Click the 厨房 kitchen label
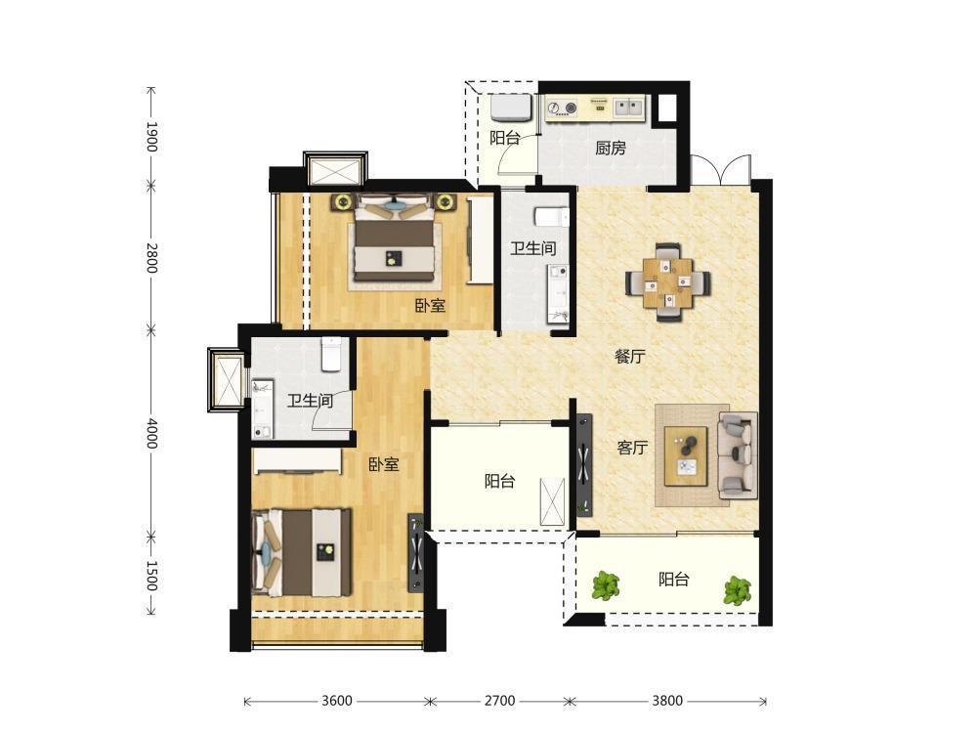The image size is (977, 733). click(610, 149)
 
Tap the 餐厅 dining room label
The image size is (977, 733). click(629, 357)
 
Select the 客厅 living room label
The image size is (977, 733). click(632, 448)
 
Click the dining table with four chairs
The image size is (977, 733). click(668, 281)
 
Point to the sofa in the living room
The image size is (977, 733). click(738, 455)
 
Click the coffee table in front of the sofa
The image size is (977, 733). click(686, 455)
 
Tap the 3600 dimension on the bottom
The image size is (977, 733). click(336, 701)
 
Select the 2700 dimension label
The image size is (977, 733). click(499, 701)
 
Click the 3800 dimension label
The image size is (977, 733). click(667, 701)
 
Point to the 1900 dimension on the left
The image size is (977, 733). click(151, 137)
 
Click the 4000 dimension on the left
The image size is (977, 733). click(151, 433)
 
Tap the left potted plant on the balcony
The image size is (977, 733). click(606, 586)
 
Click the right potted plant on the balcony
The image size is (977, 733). click(737, 590)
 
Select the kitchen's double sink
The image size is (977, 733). click(629, 108)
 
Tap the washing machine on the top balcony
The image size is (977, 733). click(511, 108)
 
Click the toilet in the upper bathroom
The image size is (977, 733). click(551, 217)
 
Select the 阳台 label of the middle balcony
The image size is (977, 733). click(499, 481)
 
